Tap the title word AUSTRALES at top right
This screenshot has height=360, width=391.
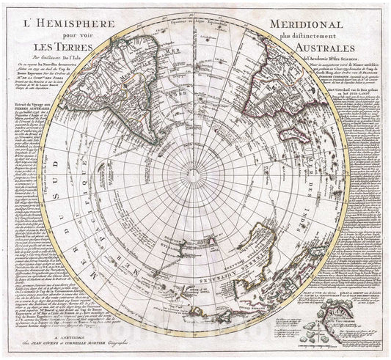pos(335,48)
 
